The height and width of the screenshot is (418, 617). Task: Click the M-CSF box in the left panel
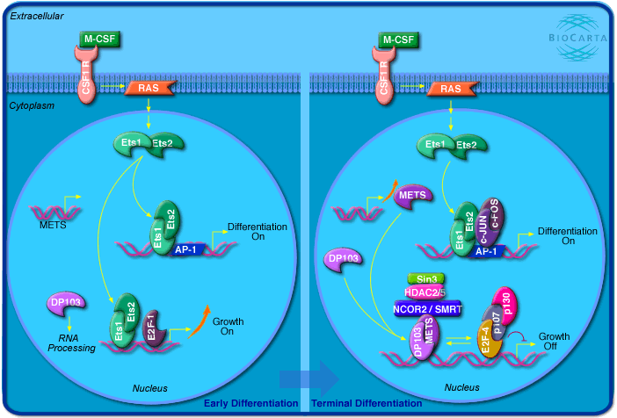pos(98,40)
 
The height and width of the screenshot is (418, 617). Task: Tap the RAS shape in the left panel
pos(151,88)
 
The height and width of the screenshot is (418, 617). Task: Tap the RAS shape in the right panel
pos(450,88)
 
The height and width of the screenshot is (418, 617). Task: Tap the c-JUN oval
pos(483,217)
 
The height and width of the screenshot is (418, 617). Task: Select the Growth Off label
pos(554,341)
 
